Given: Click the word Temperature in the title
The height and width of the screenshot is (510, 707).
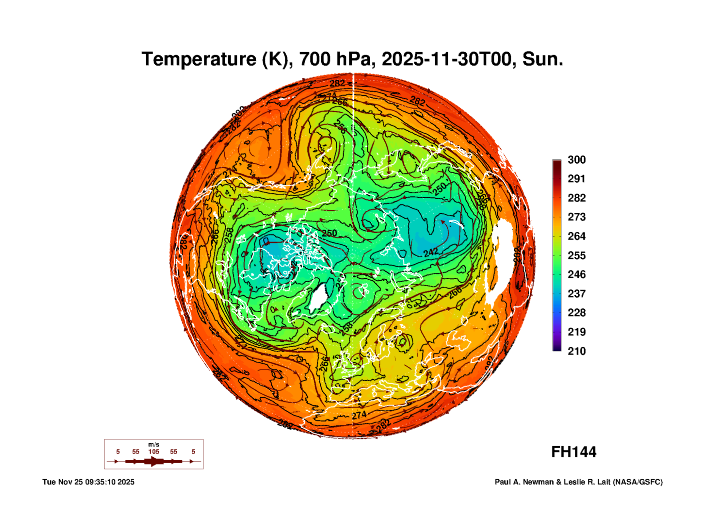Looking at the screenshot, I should point(199,59).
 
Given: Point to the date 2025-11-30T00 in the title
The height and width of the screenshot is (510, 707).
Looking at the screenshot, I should point(446,59).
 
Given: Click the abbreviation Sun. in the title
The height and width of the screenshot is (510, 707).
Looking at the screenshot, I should point(542,59).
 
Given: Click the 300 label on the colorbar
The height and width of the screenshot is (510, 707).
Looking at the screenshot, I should point(576,160).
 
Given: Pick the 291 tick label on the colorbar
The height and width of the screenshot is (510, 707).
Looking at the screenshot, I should point(576,179).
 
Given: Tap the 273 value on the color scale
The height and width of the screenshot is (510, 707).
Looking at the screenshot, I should point(576,217).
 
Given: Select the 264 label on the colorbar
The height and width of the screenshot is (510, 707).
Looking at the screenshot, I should point(576,236).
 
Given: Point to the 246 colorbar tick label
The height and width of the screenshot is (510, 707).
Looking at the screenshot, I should point(576,274).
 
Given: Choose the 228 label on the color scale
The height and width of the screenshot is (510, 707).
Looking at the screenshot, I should point(576,313).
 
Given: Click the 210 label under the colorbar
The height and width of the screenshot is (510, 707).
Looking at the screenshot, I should point(576,351).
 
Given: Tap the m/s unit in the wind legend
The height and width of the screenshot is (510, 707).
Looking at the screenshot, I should point(154,445).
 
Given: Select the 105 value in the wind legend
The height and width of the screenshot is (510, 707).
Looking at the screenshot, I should point(154,452).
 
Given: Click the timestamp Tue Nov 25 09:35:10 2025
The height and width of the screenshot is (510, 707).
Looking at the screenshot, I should point(88,482).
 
